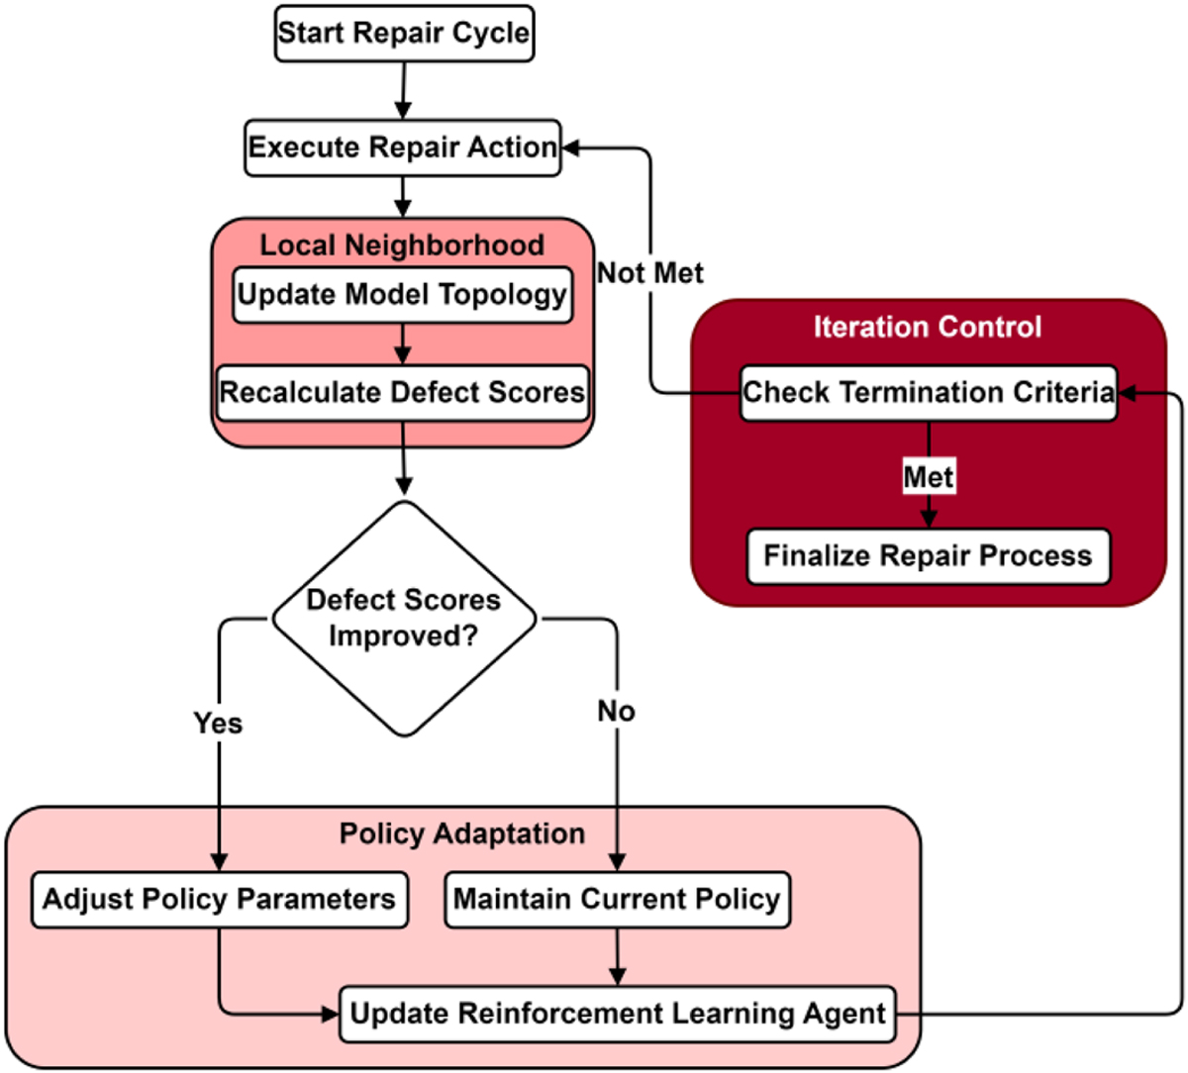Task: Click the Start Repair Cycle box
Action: coord(404,34)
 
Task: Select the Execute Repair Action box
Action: coord(403,148)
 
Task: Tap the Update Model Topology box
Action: coord(402,295)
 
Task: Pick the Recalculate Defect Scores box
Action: coord(402,393)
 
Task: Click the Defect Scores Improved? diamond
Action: coord(404,619)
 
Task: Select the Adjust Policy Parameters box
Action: coord(219,900)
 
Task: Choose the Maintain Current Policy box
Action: coord(617,900)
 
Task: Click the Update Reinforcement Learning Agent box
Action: coord(618,1014)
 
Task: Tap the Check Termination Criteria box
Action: coord(928,393)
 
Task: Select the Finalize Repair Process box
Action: coord(928,556)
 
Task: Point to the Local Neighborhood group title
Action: coord(402,245)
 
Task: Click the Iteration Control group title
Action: coord(928,327)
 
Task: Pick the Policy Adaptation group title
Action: coord(462,833)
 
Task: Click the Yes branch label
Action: coord(218,724)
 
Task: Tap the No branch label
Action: coord(616,711)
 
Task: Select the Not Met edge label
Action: coord(650,273)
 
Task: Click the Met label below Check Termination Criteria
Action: coord(928,477)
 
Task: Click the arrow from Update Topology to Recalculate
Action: coord(402,343)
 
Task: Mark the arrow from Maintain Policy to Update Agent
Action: coord(617,957)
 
